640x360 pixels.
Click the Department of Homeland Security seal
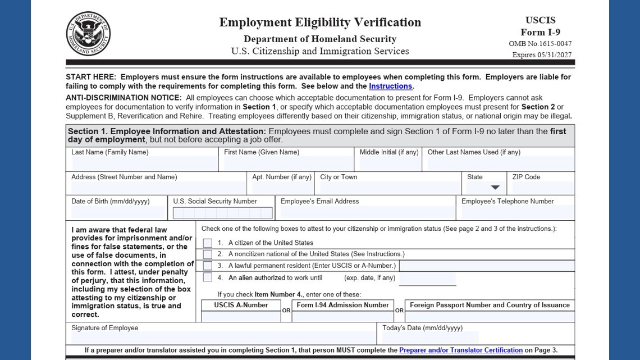88,34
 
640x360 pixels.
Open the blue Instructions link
390,86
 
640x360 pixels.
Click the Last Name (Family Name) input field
143,164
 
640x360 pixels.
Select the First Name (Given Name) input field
288,164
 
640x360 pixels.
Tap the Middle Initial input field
390,164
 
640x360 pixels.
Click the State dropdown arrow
495,188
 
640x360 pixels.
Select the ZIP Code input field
542,188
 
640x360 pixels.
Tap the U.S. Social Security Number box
222,213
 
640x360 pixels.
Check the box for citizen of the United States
208,243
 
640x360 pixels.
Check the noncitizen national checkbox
208,254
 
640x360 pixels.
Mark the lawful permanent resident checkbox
208,266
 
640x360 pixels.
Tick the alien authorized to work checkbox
208,277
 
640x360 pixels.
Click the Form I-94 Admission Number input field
342,317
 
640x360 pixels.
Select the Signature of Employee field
222,338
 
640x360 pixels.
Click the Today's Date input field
430,338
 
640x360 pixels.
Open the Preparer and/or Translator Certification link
460,350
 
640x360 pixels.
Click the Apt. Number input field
281,188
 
